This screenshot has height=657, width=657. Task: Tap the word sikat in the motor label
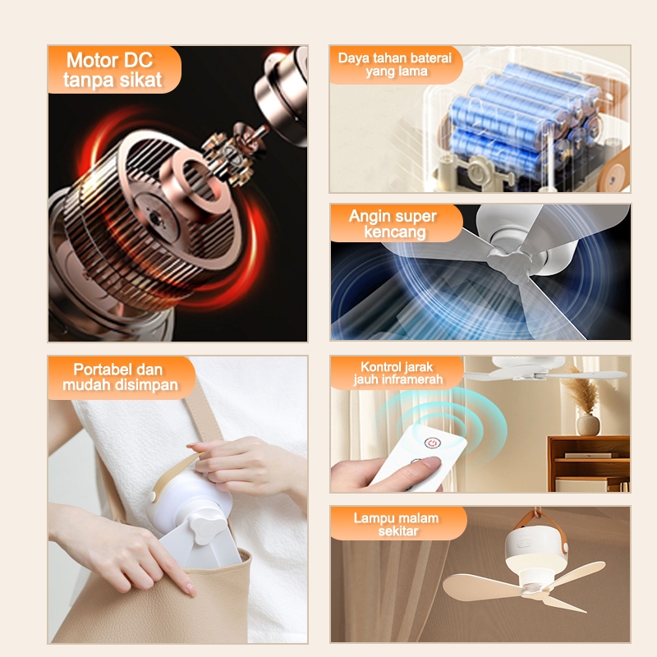(x=140, y=79)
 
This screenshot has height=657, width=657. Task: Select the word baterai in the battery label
(x=430, y=57)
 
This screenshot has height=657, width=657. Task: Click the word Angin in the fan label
(x=368, y=216)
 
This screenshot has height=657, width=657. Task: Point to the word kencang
(x=395, y=232)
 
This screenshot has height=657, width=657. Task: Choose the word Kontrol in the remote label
(x=379, y=366)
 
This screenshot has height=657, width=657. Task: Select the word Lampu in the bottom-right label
(x=371, y=518)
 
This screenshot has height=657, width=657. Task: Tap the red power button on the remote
(x=432, y=443)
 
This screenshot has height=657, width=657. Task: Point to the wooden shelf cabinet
(x=589, y=463)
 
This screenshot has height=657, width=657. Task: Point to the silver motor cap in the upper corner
(x=282, y=95)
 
